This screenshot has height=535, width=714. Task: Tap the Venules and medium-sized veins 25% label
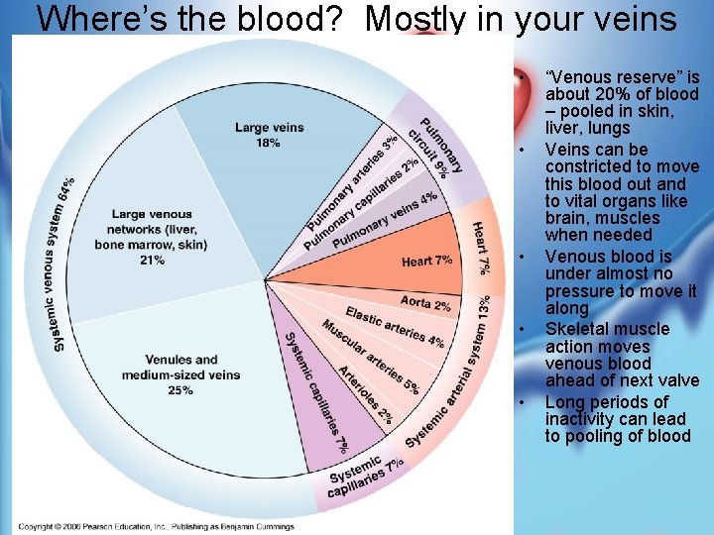pos(180,368)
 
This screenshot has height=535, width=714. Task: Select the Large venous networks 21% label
pos(152,237)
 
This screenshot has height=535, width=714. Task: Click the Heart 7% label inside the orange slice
pos(426,261)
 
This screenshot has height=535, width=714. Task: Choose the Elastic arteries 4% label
pos(395,328)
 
